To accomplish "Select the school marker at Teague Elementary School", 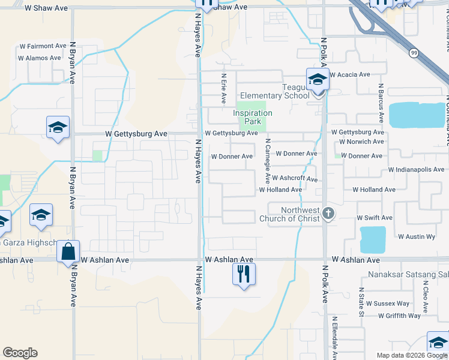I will pyautogui.click(x=318, y=79).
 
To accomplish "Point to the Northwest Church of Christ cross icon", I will pyautogui.click(x=328, y=213).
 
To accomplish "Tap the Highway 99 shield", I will pyautogui.click(x=413, y=53).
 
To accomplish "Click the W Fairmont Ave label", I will pyautogui.click(x=43, y=46).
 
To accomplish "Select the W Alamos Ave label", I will pyautogui.click(x=40, y=58).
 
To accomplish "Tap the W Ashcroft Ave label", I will pyautogui.click(x=294, y=178).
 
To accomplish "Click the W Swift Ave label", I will pyautogui.click(x=375, y=218).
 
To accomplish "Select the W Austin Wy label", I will pyautogui.click(x=417, y=237).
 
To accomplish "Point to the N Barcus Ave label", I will pyautogui.click(x=381, y=100).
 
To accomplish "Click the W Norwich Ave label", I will pyautogui.click(x=361, y=142).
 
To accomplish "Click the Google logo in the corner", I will pyautogui.click(x=20, y=353).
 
